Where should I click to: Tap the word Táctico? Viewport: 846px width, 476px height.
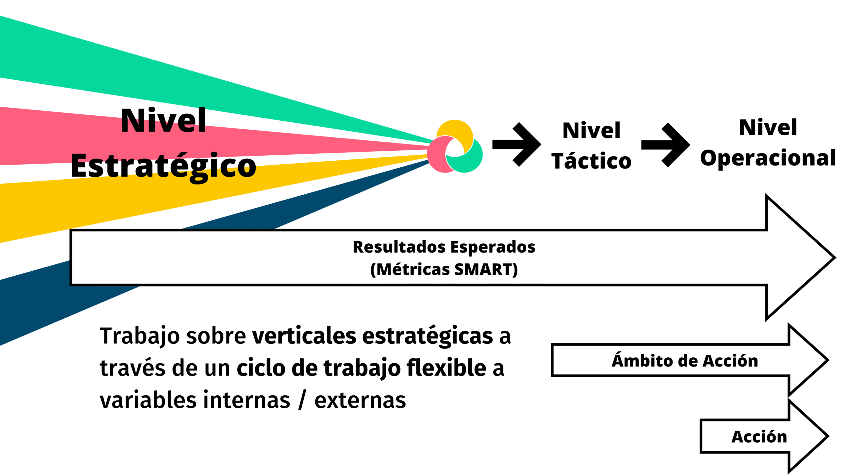coord(591,161)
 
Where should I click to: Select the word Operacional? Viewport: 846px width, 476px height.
coord(768,158)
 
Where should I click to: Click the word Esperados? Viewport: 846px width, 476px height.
coord(493,247)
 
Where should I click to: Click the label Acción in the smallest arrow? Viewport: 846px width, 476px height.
coord(759,437)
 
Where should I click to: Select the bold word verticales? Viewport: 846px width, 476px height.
coord(304,336)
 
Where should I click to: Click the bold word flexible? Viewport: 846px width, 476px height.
coord(446,368)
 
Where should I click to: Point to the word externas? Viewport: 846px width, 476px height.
coord(360,400)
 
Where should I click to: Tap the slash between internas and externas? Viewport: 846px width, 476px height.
coord(302,400)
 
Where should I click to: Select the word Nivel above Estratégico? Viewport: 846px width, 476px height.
coord(163,121)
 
